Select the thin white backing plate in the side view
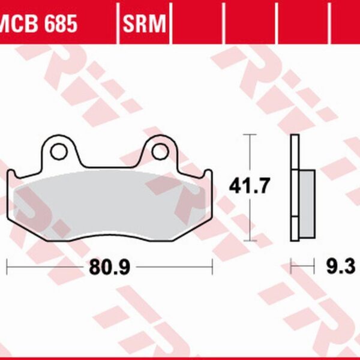click(294, 186)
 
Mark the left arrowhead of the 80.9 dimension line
click(8, 262)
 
